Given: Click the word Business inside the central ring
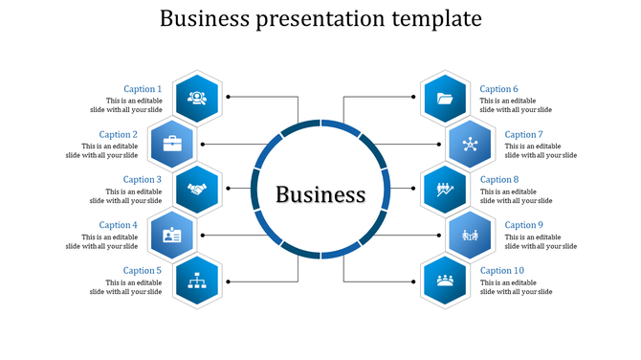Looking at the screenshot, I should tap(320, 194).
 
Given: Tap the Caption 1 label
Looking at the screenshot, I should tap(143, 89).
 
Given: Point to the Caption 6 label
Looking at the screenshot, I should tap(498, 89).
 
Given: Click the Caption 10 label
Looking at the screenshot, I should tap(501, 270).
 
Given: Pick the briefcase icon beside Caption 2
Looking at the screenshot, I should tap(172, 144).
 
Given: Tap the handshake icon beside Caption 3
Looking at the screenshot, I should tap(197, 190).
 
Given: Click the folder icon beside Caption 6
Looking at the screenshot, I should tap(445, 97).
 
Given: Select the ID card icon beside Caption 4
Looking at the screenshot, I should tap(172, 235).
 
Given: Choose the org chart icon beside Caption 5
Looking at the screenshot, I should tap(198, 281).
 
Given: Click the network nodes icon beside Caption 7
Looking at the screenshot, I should tap(471, 145).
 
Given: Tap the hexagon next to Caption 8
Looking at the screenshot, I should tap(445, 189).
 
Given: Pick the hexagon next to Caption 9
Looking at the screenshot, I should tap(470, 235).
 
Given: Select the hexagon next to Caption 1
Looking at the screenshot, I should tap(197, 97).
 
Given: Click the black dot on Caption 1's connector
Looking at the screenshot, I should tap(229, 97).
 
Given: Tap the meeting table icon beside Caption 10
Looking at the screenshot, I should tap(445, 281).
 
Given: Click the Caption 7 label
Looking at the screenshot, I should tap(523, 134).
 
